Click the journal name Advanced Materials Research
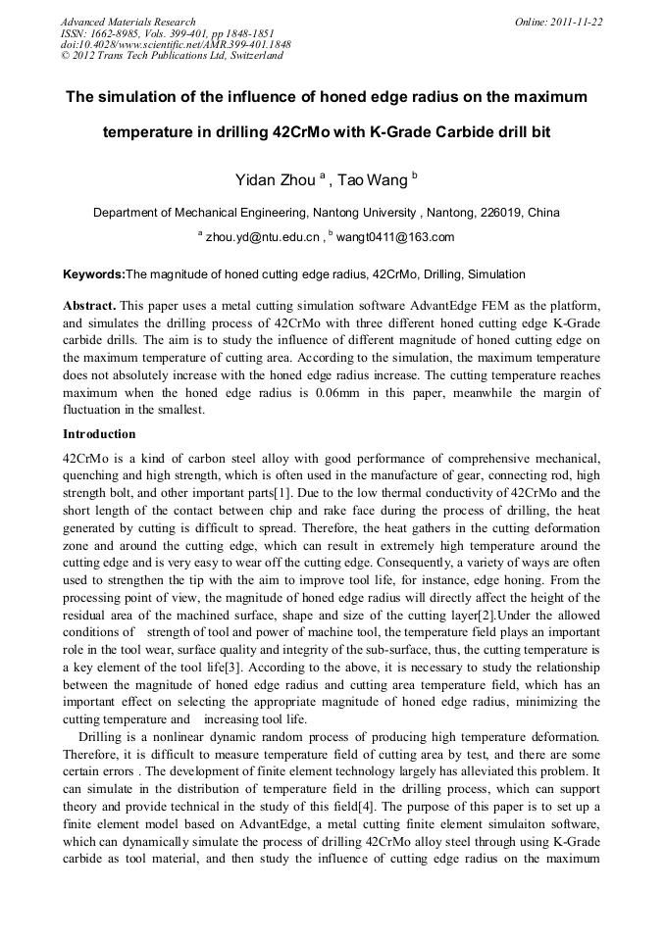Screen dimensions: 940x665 [x=128, y=22]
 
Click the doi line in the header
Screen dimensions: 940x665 [x=176, y=45]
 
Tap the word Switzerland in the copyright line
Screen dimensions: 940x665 [x=255, y=57]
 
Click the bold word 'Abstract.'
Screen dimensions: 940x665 [x=89, y=305]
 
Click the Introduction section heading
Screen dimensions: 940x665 [x=99, y=433]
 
